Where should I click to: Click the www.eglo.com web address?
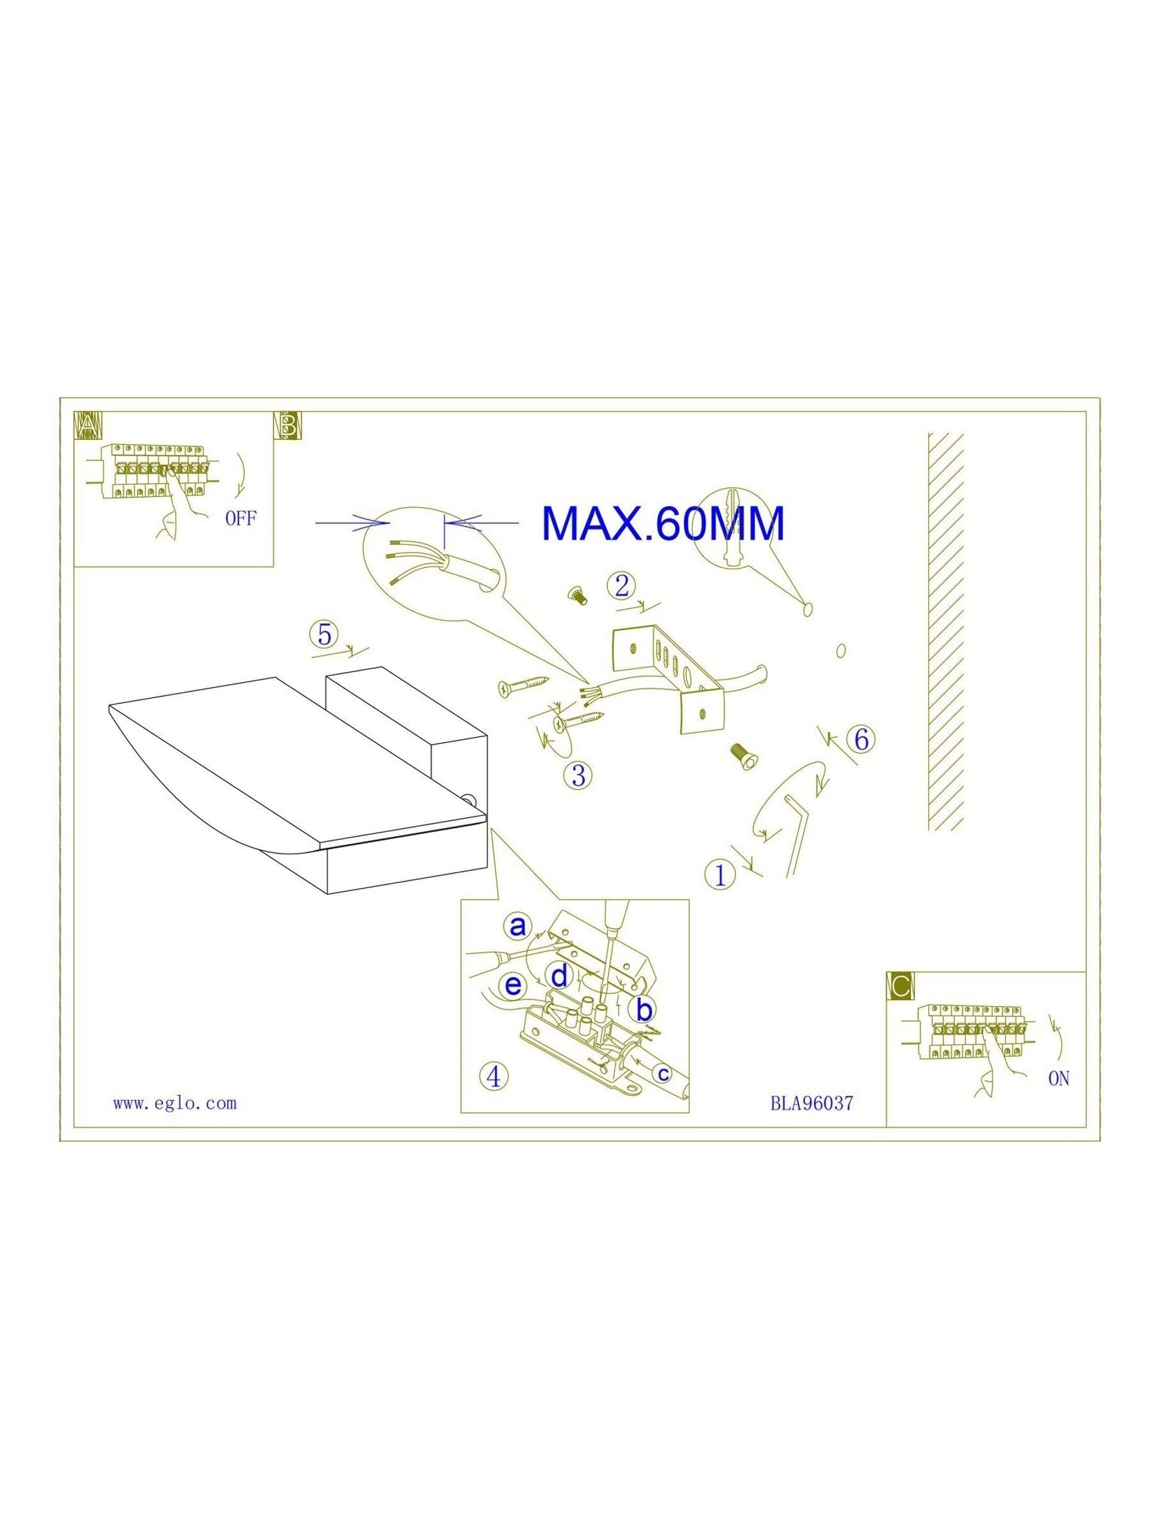[x=174, y=1103]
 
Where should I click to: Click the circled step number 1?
[x=721, y=875]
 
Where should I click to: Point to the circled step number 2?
[x=621, y=586]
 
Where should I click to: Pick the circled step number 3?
[x=579, y=775]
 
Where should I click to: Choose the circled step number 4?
[x=493, y=1077]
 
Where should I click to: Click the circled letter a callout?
[x=518, y=925]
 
